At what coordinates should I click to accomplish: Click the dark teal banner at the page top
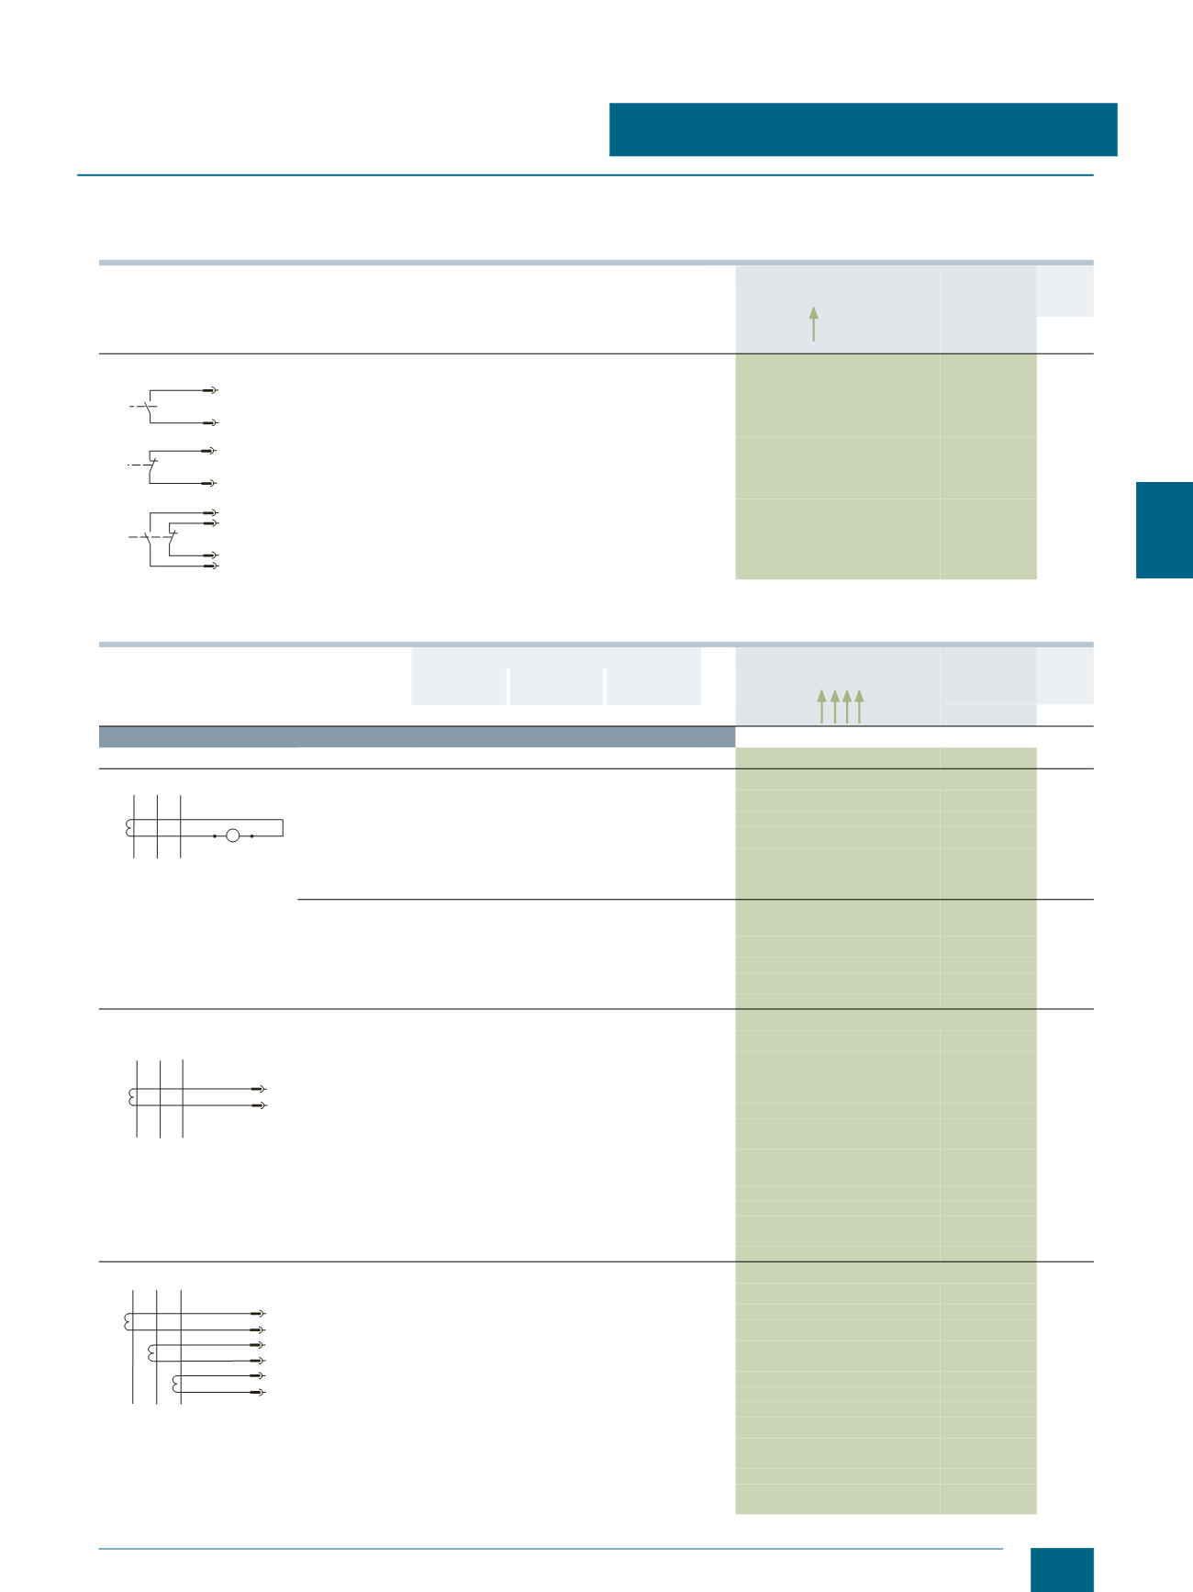pyautogui.click(x=863, y=129)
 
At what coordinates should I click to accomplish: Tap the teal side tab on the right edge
pyautogui.click(x=1164, y=530)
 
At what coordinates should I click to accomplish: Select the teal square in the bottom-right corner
pyautogui.click(x=1062, y=1569)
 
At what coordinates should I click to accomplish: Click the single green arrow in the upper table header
pyautogui.click(x=813, y=323)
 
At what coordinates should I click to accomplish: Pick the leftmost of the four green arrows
pyautogui.click(x=821, y=706)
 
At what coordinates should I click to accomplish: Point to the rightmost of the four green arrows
pyautogui.click(x=859, y=706)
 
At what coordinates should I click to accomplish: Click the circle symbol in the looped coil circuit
pyautogui.click(x=232, y=835)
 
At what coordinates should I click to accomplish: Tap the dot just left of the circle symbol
pyautogui.click(x=215, y=836)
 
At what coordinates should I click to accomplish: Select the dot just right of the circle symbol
pyautogui.click(x=251, y=836)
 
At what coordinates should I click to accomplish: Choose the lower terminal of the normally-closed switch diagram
pyautogui.click(x=210, y=483)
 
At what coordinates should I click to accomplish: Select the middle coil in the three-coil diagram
pyautogui.click(x=151, y=1352)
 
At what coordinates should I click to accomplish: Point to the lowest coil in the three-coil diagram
pyautogui.click(x=176, y=1384)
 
